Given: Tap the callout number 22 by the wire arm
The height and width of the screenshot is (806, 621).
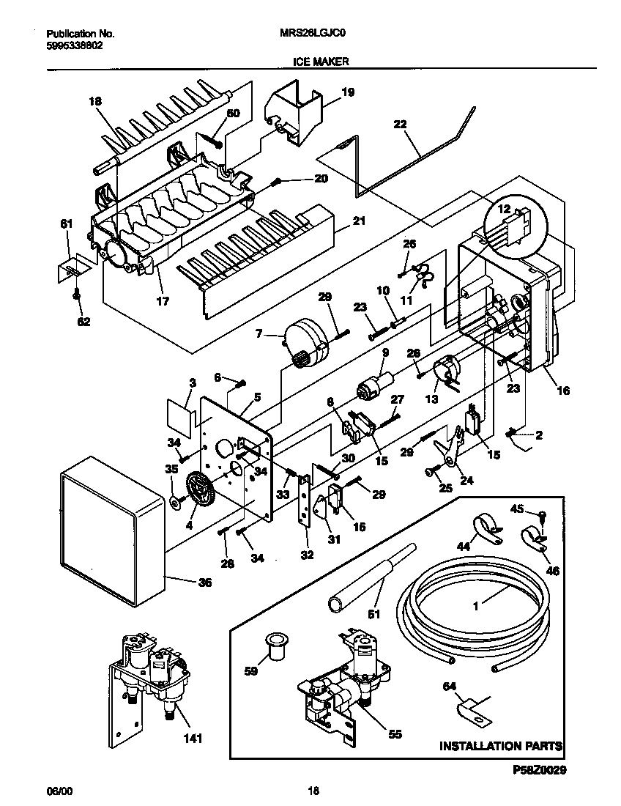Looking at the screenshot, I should [399, 125].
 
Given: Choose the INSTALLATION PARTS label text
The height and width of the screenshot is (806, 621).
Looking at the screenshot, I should [500, 746].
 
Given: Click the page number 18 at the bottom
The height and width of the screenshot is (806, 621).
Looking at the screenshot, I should [313, 791].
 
